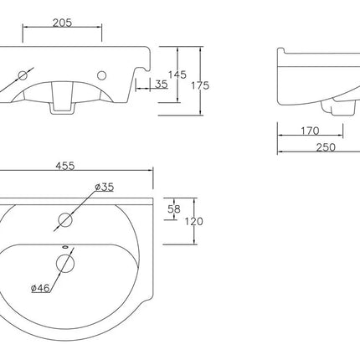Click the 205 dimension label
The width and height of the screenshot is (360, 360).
click(62, 23)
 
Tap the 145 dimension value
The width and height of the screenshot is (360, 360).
click(177, 75)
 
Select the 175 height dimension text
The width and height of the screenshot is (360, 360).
click(200, 85)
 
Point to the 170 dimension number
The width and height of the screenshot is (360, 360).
click(310, 131)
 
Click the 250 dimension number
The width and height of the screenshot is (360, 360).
click(326, 147)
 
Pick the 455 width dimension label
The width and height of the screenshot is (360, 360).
click(65, 166)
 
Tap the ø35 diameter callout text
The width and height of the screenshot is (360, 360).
click(104, 187)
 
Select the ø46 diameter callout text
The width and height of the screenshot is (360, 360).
click(40, 288)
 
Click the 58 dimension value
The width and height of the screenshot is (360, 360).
click(174, 208)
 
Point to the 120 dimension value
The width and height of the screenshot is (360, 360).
click(193, 222)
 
